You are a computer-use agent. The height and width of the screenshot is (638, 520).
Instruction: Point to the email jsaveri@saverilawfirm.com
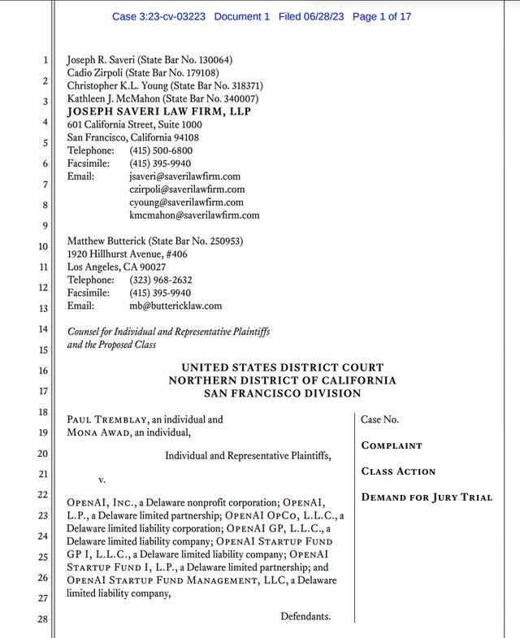click(184, 176)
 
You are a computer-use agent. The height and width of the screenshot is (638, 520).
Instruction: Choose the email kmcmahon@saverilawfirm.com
click(194, 215)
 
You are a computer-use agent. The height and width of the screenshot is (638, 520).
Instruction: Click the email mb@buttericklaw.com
click(175, 306)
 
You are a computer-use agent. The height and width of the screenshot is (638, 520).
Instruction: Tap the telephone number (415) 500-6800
click(161, 150)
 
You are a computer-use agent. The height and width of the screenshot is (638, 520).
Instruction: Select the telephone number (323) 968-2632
click(161, 280)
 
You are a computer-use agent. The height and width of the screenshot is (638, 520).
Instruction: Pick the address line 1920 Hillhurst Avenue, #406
click(127, 254)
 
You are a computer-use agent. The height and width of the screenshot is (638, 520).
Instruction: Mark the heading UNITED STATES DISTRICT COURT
click(282, 368)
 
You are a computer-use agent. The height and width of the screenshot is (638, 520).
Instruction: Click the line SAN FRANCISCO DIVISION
click(282, 393)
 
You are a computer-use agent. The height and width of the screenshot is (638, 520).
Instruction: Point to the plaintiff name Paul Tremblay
click(103, 420)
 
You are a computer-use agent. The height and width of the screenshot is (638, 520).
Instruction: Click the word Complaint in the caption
click(392, 446)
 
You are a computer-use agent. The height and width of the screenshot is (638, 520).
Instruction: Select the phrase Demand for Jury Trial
click(427, 497)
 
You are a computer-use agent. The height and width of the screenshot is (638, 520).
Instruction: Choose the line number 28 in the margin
click(42, 620)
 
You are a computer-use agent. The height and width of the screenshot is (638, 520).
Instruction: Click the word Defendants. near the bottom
click(305, 617)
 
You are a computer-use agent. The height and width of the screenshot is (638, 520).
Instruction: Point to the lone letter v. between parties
click(102, 480)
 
